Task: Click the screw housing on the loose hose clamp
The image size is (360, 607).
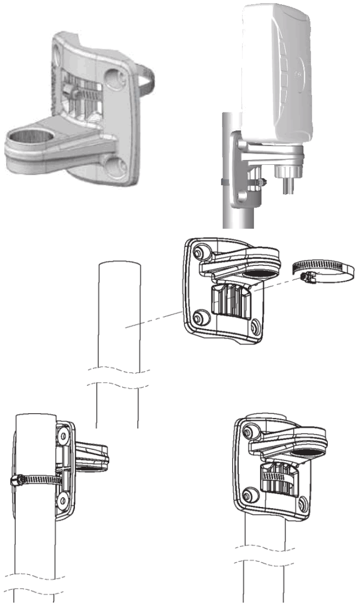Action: click(x=306, y=278)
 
